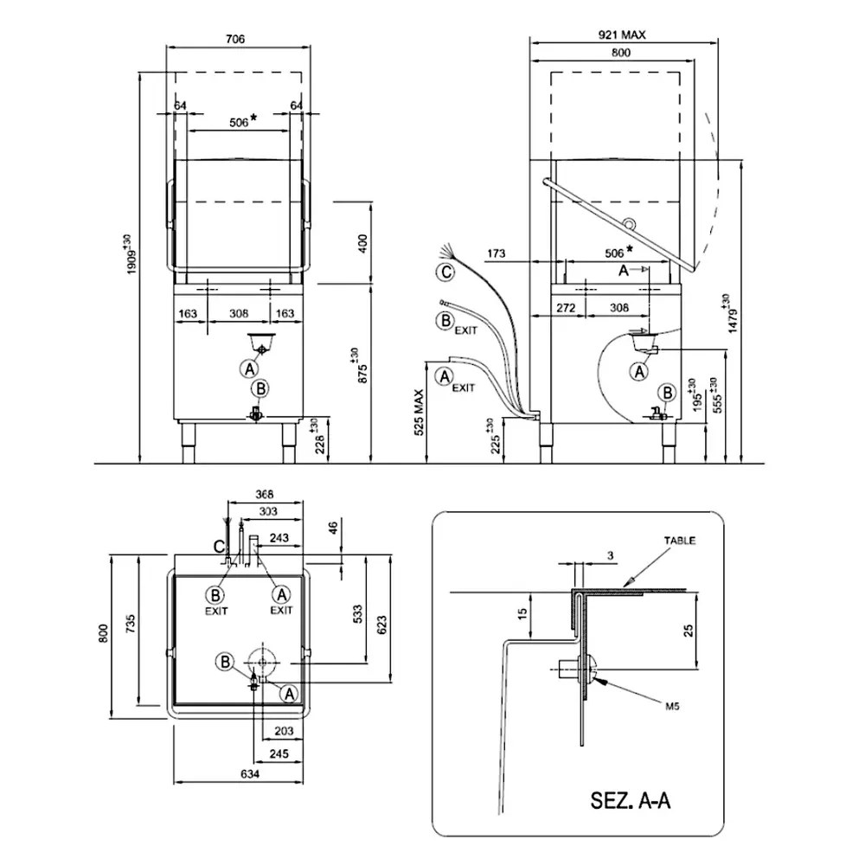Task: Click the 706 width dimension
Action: coord(235,39)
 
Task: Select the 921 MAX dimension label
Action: coord(622,35)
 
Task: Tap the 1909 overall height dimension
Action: coord(131,254)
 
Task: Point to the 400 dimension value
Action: coord(362,243)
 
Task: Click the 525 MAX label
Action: coord(420,412)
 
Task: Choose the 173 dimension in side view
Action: coord(496,253)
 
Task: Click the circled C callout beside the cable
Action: coord(445,272)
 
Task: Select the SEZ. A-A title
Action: coord(631,800)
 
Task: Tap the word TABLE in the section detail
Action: coord(680,541)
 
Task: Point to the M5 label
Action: coord(672,706)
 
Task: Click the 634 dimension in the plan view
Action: coord(250,774)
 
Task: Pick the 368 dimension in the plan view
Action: coord(264,495)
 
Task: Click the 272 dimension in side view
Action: coord(566,308)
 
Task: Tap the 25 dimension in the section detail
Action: coord(689,631)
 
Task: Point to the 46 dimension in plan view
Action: coord(333,528)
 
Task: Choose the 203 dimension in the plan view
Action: coord(284,731)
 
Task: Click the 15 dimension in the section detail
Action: coord(523,612)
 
